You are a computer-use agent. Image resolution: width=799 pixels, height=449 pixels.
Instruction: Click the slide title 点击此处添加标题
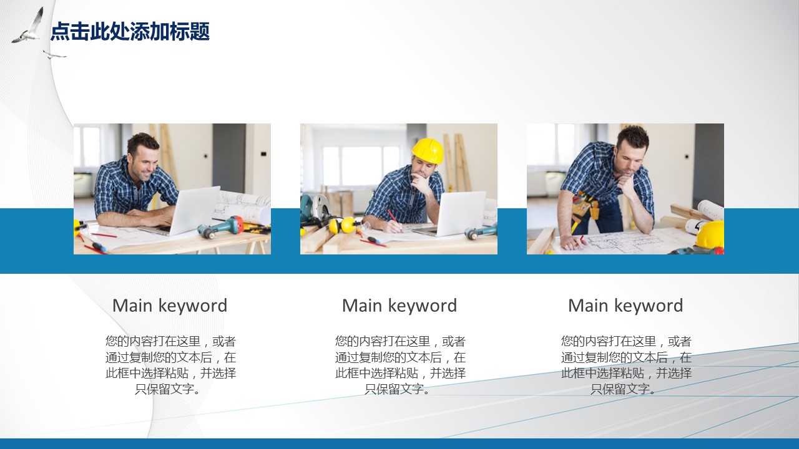coord(130,31)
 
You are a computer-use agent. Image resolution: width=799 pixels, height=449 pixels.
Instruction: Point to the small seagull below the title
coord(54,55)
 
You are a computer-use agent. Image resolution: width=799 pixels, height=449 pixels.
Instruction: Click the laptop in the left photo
coord(185,211)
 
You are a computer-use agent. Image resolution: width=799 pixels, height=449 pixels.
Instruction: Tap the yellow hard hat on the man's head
coord(428,150)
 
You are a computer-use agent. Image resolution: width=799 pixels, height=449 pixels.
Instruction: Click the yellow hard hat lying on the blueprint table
coord(710,236)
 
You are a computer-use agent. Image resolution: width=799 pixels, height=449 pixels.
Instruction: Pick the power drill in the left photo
coord(221,228)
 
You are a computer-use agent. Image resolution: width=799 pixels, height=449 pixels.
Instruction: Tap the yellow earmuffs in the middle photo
coord(343,225)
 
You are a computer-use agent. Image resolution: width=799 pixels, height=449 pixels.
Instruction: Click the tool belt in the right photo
coord(585,206)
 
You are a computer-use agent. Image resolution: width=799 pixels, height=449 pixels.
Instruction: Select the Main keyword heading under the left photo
coord(170,306)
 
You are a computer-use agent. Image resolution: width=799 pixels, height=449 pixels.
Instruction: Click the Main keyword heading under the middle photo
coord(399,306)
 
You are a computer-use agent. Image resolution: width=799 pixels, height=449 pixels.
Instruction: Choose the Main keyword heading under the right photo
coord(625,306)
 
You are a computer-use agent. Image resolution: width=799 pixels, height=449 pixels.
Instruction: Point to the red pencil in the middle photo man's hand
coord(395,221)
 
